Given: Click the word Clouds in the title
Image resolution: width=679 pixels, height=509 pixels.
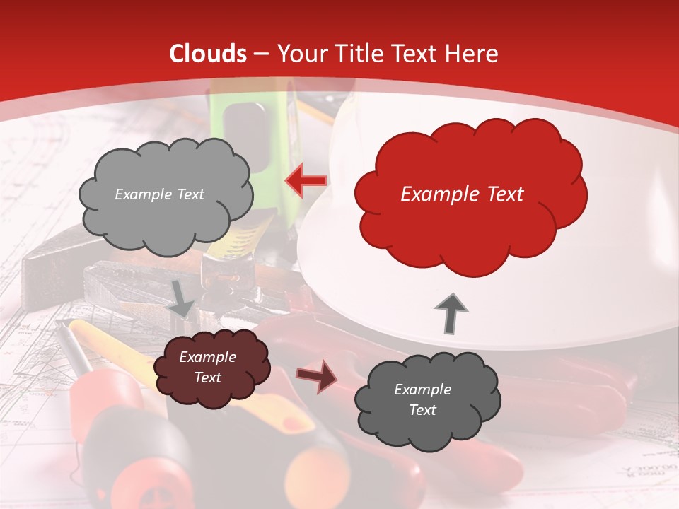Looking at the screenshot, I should pos(208,54).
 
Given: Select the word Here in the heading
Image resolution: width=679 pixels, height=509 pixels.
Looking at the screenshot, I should pos(472,54).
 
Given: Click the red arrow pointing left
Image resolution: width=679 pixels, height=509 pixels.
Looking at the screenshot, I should pos(306,182).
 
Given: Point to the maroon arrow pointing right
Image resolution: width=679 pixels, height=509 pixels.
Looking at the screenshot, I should pos(316,377).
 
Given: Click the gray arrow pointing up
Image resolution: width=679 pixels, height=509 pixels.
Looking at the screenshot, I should pos(451,312).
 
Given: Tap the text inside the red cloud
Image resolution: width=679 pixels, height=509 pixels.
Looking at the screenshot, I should pos(462,194).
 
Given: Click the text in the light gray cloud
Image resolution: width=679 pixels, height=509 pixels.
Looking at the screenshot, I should pos(159,194).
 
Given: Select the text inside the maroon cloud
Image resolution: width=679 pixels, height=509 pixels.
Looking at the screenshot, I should pos(207,367).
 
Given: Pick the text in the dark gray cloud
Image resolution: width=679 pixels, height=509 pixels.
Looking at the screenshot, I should pos(422,399).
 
